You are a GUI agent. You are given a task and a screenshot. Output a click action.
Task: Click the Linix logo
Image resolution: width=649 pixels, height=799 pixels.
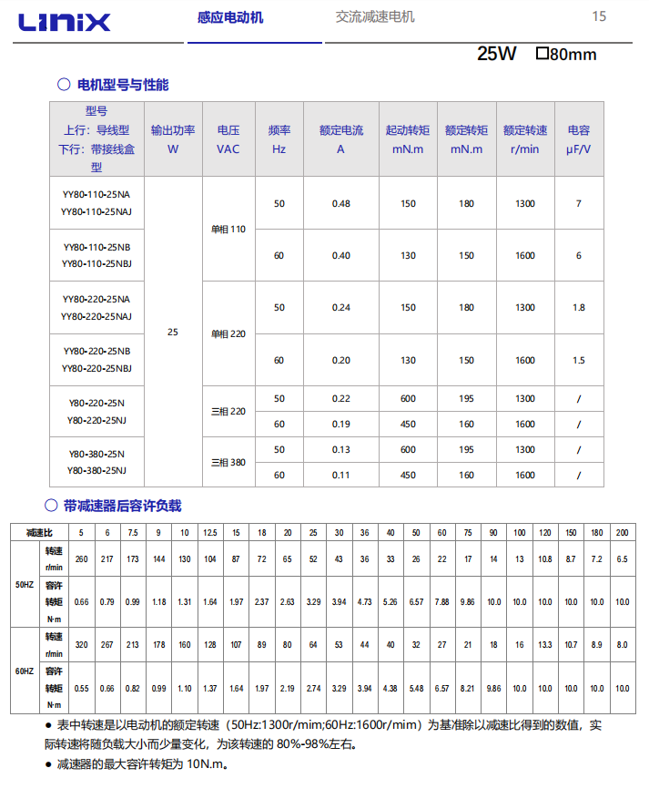coord(61,22)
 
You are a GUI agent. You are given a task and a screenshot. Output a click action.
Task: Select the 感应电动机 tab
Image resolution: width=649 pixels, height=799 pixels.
coord(230,17)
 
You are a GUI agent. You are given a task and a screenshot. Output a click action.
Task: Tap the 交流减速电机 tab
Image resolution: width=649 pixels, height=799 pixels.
coord(374,16)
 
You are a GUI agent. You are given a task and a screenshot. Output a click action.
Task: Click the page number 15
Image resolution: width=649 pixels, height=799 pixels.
coord(599,16)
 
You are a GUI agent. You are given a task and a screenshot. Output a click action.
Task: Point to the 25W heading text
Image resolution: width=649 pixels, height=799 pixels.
coord(496,54)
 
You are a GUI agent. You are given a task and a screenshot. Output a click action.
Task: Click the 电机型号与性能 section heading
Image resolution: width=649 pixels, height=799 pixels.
coord(123,85)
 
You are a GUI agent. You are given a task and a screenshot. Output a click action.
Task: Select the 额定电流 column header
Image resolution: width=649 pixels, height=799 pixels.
coord(341,139)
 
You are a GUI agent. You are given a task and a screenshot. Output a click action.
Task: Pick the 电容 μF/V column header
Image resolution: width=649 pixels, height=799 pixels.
coord(579,139)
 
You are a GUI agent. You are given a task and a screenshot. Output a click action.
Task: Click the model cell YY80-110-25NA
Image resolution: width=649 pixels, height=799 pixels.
coord(96,195)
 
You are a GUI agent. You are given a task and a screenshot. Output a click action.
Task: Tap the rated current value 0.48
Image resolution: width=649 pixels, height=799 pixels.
coord(341,203)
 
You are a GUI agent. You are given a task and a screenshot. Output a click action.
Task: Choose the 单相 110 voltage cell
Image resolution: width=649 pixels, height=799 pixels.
coord(228,229)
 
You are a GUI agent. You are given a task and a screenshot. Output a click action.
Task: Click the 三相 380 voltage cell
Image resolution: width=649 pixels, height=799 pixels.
coord(228,462)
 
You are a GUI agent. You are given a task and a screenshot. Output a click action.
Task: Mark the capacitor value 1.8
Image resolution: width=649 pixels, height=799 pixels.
coord(579,307)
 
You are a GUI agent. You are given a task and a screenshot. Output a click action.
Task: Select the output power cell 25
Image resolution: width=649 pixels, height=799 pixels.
coord(173,333)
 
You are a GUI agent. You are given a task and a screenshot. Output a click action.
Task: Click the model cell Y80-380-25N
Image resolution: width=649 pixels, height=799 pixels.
coord(96,454)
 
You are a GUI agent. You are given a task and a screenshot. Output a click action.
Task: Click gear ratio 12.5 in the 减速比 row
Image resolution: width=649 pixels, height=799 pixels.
coord(210,532)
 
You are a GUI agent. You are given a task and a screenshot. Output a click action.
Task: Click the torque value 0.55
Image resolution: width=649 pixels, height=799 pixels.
coord(81,689)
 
